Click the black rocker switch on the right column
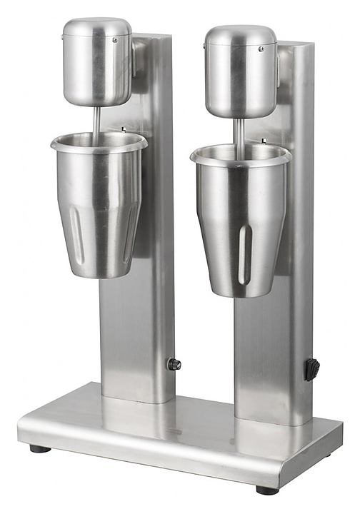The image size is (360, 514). [x=312, y=369]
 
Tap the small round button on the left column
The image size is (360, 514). [x=174, y=364]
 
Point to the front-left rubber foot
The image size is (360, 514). [x=40, y=448]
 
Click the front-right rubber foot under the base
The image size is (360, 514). [x=267, y=490]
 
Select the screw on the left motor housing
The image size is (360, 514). [x=114, y=41]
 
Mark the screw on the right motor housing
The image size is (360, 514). [x=261, y=49]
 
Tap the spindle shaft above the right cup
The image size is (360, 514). [x=240, y=131]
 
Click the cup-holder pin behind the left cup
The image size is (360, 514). [x=123, y=131]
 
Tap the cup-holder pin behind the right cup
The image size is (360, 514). [x=264, y=141]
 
